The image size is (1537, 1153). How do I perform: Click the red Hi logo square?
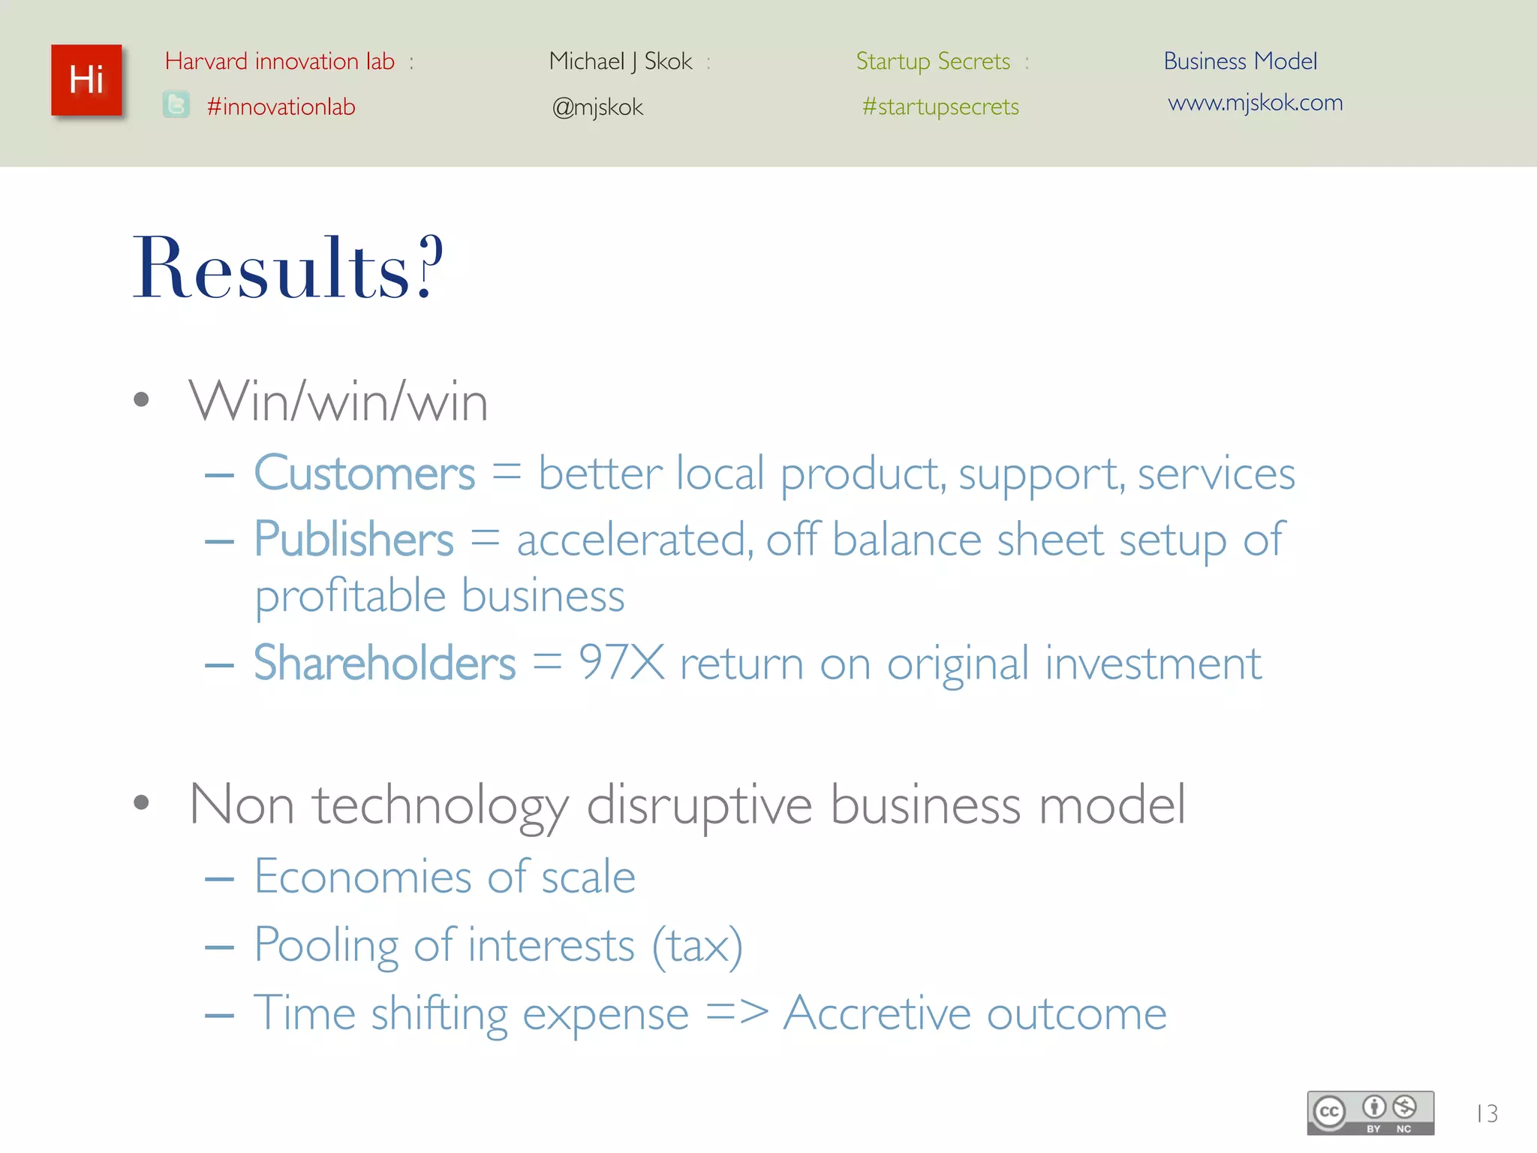86,80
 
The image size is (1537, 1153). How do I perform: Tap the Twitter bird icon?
176,104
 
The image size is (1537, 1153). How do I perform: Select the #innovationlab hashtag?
281,107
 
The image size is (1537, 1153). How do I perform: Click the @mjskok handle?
597,107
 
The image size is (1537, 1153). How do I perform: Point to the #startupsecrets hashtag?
940,107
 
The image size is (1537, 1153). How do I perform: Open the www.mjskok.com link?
1255,102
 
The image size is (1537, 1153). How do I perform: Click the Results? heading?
288,268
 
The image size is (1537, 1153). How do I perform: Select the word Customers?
365,474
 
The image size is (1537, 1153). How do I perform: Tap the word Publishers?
353,539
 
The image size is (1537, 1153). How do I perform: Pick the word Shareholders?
384,663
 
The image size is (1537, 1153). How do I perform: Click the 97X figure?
621,663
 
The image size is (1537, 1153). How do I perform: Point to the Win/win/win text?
338,402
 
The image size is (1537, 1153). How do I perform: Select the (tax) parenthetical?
697,945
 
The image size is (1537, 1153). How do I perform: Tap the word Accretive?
877,1013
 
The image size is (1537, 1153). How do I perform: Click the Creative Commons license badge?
1370,1112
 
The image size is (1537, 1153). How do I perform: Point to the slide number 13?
1487,1113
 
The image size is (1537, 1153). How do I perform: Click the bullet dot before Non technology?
141,802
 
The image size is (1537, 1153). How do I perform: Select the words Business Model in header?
1240,61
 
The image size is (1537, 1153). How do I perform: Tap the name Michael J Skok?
621,61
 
